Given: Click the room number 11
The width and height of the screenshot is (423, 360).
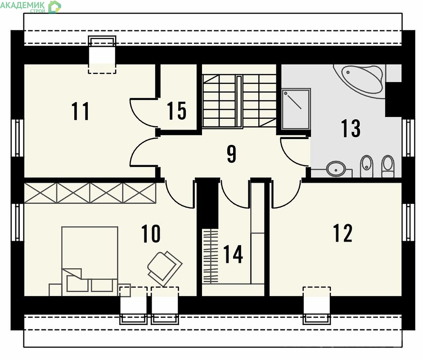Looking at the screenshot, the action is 81,111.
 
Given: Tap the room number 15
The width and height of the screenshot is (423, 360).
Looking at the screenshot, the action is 177,111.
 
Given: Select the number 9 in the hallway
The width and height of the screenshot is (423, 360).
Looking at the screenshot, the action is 231,154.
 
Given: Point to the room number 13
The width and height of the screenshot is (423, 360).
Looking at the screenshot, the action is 351,128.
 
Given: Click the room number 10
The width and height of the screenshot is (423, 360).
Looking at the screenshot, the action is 151,234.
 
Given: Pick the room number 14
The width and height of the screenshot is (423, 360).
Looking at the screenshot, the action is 233,254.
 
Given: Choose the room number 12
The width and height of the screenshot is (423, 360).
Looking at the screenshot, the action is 343,233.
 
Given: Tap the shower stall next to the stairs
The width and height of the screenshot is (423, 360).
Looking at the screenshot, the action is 296,109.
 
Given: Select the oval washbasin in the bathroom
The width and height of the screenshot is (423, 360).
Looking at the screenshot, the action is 336,169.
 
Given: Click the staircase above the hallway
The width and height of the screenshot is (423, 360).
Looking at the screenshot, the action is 239,101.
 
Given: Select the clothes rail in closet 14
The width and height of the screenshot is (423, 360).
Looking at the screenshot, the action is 210,256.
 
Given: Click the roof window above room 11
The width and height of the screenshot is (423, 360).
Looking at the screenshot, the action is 102,54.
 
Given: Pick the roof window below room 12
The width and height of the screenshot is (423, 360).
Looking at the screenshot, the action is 317,305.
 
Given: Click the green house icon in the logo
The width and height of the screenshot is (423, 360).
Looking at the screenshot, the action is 55,7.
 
